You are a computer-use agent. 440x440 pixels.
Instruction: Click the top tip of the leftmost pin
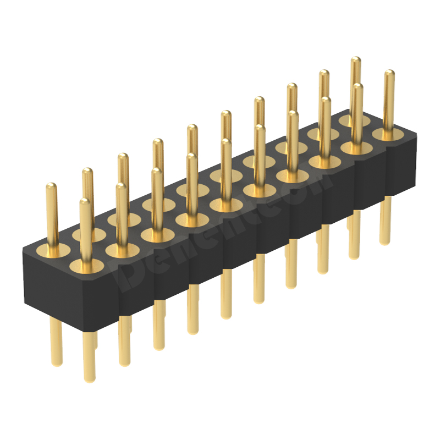coord(51,186)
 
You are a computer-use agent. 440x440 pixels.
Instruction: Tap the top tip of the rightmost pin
coord(389,73)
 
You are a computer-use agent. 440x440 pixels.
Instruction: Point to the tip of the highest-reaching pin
coord(356,59)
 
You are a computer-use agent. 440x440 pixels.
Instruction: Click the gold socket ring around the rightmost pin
coord(388,134)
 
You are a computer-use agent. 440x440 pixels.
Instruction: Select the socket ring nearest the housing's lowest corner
coord(88,266)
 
